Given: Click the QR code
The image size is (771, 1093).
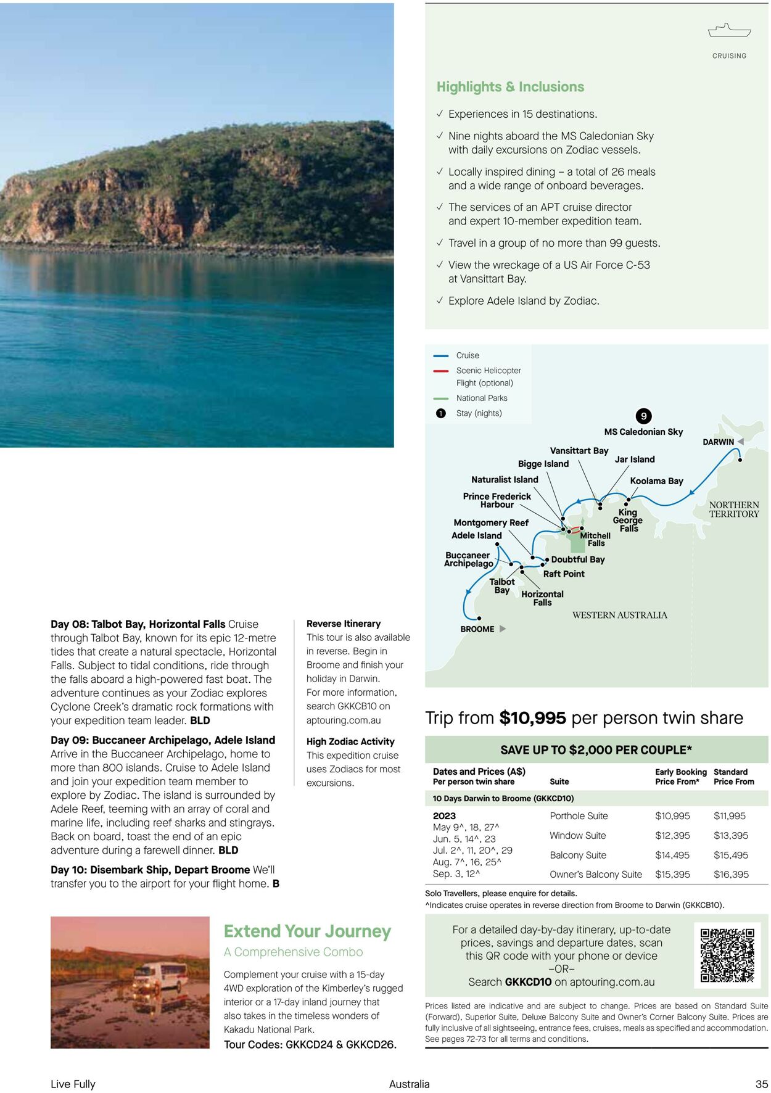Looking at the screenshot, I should tap(727, 955).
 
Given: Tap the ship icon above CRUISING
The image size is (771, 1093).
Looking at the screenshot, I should tap(729, 30).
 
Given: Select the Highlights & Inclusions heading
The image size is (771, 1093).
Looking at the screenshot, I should tap(510, 87).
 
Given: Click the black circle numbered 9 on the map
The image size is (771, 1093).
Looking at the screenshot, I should tap(643, 416).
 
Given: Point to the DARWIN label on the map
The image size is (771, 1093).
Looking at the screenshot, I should tap(718, 442).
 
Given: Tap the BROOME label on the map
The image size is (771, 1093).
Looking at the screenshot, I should tap(477, 629).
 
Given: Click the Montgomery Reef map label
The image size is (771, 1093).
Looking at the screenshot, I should tap(491, 523).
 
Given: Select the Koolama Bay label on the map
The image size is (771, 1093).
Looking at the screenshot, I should tap(656, 481).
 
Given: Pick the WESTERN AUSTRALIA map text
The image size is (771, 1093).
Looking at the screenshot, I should tap(619, 615).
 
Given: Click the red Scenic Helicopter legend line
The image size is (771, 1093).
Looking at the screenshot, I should tap(440, 371).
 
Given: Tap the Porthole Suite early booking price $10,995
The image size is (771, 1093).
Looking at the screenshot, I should tap(672, 816).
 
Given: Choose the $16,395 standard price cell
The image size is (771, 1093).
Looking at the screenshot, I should tap(731, 875).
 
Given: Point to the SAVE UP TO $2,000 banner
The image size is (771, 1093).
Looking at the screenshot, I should tap(596, 750).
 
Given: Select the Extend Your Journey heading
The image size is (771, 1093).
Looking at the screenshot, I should tap(307, 931).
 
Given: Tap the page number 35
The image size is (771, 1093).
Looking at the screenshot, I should tap(761, 1084).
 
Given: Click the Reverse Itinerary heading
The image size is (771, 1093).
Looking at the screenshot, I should tap(344, 624).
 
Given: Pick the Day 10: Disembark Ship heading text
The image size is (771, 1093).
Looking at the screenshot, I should tap(150, 870).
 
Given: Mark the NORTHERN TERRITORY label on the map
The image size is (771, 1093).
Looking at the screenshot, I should tap(733, 509).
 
